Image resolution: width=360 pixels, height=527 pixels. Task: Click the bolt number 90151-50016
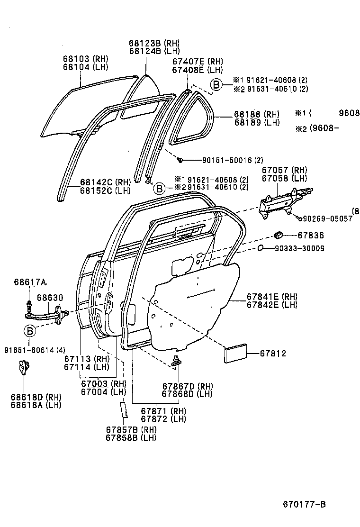(x=219, y=160)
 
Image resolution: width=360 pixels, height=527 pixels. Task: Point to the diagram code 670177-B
(x=304, y=504)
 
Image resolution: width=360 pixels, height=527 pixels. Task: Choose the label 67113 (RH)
(x=87, y=358)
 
